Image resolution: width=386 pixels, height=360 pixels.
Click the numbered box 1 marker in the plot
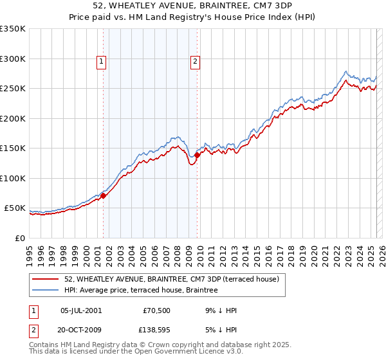point(102,62)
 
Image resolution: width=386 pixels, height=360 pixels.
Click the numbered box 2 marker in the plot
point(194,62)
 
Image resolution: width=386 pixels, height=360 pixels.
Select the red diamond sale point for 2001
point(103,196)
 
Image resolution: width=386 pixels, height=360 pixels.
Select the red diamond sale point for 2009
point(197,155)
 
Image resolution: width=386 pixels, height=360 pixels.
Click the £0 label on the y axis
point(20,238)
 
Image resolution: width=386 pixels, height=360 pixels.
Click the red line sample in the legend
point(46,280)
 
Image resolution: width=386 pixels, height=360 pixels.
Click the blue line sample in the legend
point(46,291)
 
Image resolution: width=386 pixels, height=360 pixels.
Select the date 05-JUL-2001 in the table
point(80,310)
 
